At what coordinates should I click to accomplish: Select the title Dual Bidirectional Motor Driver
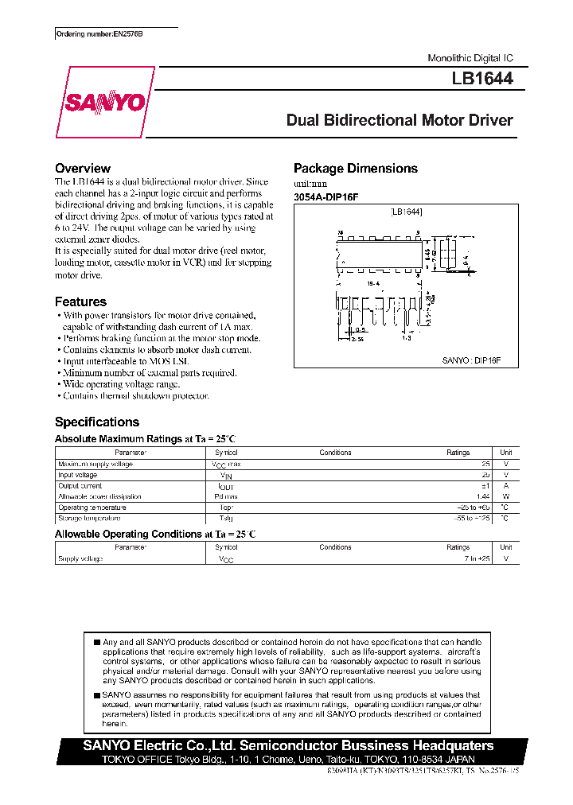tap(400, 121)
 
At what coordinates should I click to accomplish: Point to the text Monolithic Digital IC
tap(470, 59)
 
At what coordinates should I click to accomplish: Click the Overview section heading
tap(82, 169)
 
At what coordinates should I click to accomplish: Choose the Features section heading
tap(80, 301)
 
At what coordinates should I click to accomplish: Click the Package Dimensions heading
tap(355, 169)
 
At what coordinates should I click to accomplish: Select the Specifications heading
tap(96, 422)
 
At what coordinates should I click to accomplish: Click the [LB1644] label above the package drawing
tap(407, 212)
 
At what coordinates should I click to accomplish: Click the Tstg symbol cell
tap(225, 518)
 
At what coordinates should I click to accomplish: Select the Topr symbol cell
tap(225, 507)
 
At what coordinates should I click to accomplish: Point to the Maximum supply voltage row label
tap(95, 464)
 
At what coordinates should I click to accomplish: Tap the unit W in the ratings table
tap(505, 496)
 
